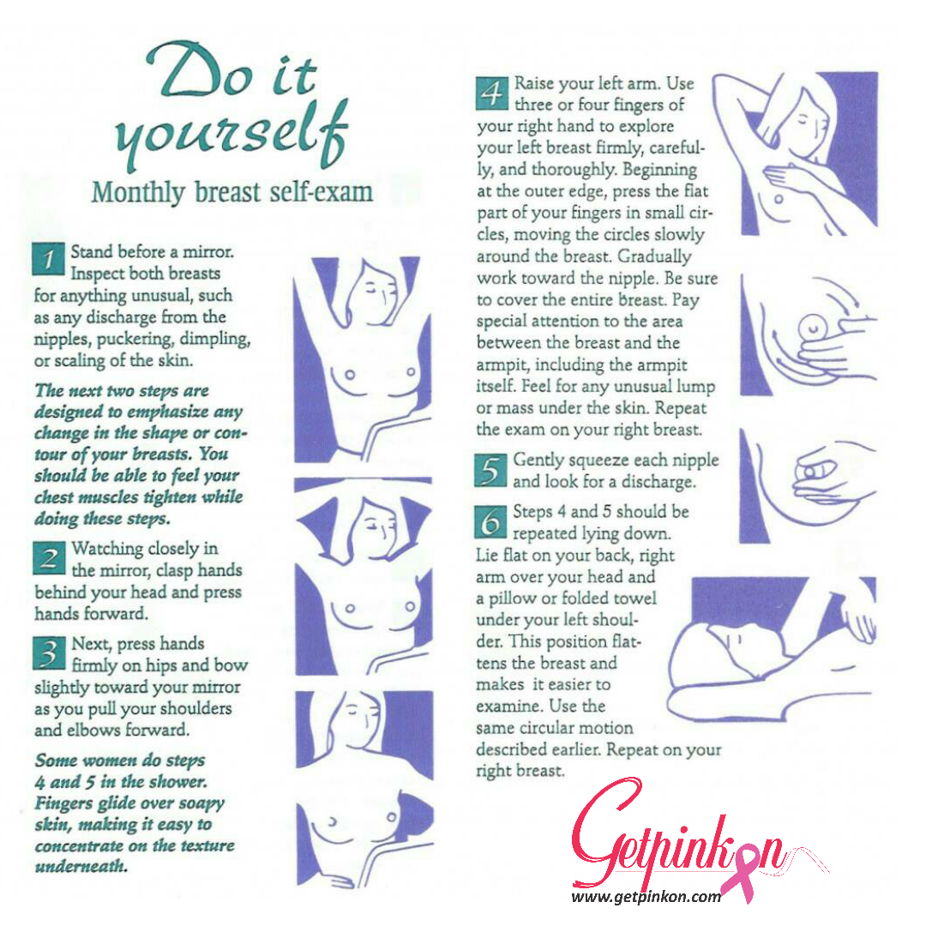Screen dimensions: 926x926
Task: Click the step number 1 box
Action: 48,259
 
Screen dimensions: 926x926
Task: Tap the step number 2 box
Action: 49,558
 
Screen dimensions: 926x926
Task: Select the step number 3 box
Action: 49,653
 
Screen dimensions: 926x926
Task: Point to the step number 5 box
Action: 490,471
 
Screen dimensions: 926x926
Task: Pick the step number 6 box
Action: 490,522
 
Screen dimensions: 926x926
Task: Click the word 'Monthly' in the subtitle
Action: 138,193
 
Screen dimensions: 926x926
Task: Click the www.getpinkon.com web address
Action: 646,897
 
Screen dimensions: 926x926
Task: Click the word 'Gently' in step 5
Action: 538,460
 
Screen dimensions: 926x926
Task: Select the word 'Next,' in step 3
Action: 90,644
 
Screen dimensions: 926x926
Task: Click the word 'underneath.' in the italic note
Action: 81,866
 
